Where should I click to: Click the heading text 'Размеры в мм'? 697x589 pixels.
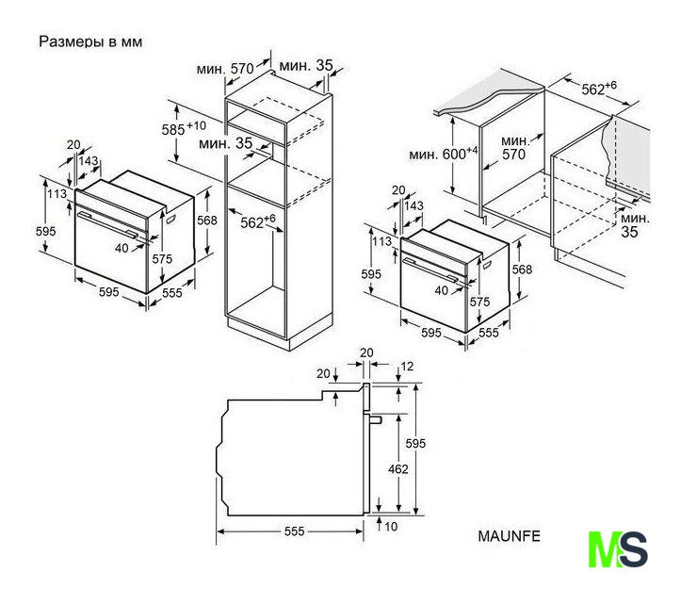pos(90,41)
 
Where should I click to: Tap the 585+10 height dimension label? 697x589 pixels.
pos(184,128)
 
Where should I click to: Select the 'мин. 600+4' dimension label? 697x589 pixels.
pos(444,154)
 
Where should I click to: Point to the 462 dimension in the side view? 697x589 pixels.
pos(397,469)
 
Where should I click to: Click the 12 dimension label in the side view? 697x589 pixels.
pos(407,367)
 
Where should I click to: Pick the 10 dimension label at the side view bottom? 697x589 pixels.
pos(391,527)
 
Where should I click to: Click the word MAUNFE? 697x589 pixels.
pos(509,536)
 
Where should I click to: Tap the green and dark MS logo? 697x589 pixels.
pos(618,549)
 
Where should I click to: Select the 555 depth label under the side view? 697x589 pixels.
pos(294,532)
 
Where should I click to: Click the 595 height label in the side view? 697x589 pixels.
pos(415,443)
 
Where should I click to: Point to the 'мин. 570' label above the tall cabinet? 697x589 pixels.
pos(225,69)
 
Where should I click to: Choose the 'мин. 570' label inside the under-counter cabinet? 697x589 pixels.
pos(515,148)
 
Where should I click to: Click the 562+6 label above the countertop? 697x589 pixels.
pos(599,88)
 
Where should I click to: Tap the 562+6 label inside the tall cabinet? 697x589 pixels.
pos(258,221)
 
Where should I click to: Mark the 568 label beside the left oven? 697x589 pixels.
pos(207,221)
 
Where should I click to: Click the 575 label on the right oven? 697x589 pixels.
pos(479,302)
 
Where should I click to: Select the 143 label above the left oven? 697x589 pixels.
pos(89,160)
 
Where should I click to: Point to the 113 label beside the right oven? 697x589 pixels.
pos(381,241)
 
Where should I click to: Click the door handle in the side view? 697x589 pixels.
pos(376,419)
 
